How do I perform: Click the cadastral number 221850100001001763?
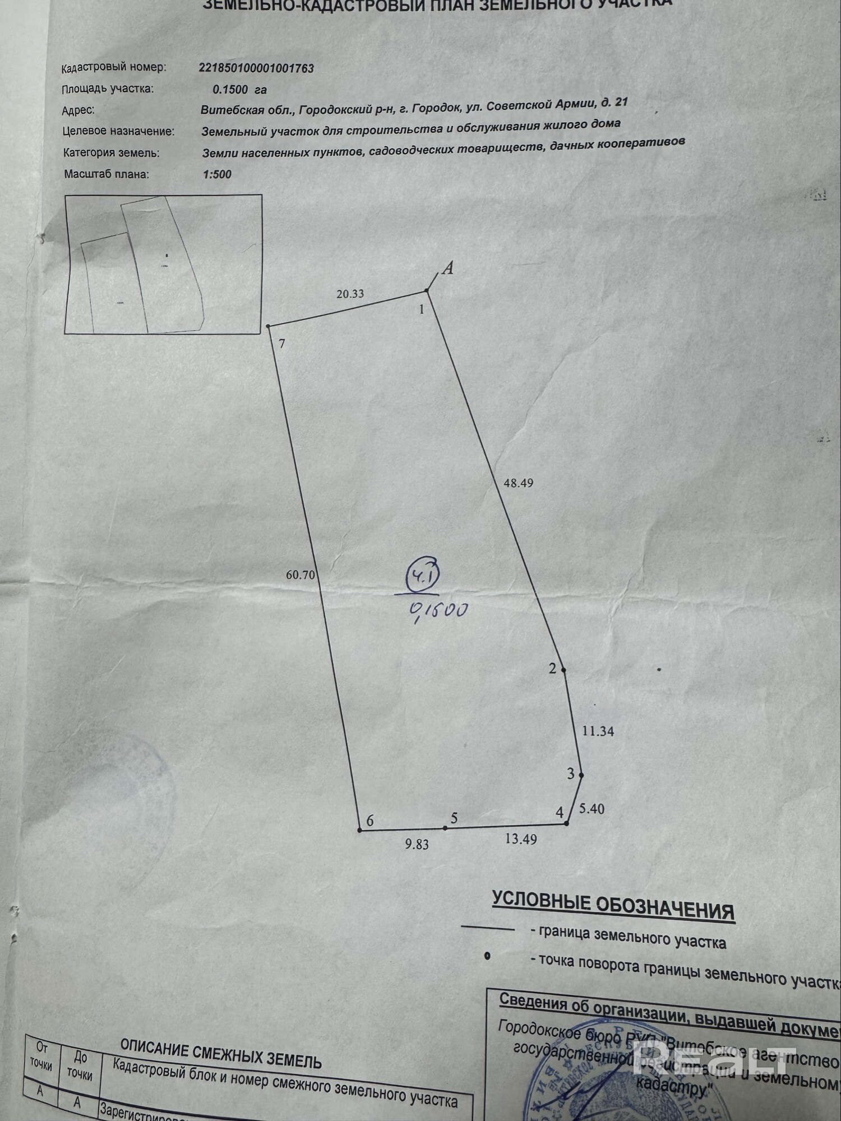(x=256, y=68)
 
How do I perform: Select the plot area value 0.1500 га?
(x=239, y=90)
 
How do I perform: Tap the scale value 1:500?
(x=217, y=174)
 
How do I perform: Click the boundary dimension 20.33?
(x=350, y=294)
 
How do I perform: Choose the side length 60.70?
(x=301, y=575)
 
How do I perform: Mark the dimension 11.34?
(x=598, y=731)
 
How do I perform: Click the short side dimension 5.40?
(x=592, y=809)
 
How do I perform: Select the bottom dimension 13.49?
(x=521, y=839)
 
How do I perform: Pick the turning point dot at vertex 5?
(x=445, y=828)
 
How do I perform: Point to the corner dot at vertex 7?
(x=269, y=326)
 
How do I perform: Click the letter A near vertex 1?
(x=447, y=268)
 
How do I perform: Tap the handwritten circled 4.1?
(x=424, y=575)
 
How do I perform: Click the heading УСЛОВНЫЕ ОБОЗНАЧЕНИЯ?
(x=613, y=905)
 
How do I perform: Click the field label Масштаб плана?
(x=107, y=174)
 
